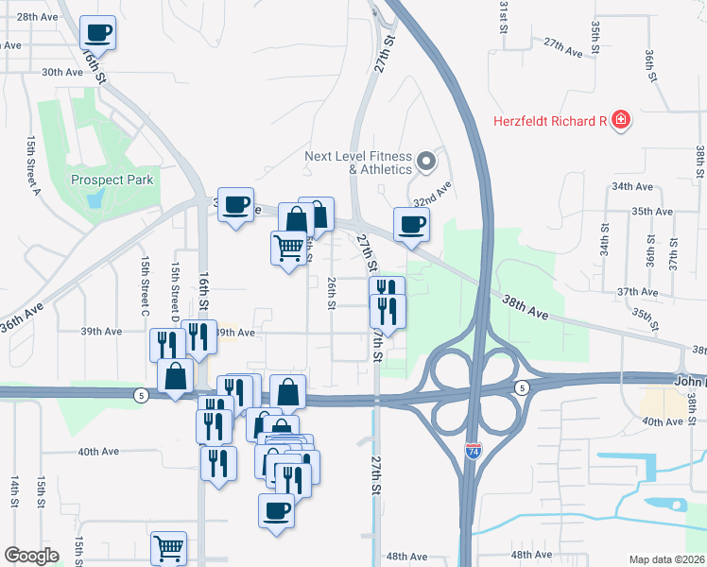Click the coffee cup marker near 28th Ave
[x=98, y=33]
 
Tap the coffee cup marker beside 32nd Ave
[x=411, y=224]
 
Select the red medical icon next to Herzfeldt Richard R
[x=621, y=120]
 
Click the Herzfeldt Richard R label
[x=549, y=121]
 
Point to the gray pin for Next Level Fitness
[x=426, y=162]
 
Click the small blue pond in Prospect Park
[x=95, y=198]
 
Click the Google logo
[x=32, y=556]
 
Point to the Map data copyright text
[x=667, y=559]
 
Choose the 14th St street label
[x=14, y=492]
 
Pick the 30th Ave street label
[x=62, y=72]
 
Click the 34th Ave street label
[x=632, y=186]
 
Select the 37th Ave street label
[x=637, y=293]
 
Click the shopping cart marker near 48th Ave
[x=168, y=547]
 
